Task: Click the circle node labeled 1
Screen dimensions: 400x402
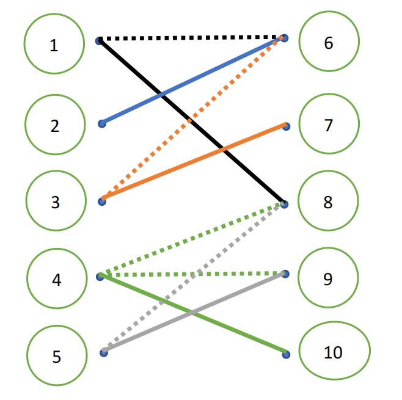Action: click(x=54, y=44)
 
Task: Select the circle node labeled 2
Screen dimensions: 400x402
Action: click(x=54, y=125)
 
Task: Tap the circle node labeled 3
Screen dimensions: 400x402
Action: click(x=55, y=201)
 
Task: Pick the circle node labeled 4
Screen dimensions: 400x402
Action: click(x=56, y=280)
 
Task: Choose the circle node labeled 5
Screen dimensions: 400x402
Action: click(x=56, y=356)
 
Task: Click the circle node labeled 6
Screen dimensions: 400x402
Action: click(x=329, y=43)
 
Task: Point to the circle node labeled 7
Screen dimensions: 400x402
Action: click(x=329, y=124)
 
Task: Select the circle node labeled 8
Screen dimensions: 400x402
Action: click(x=328, y=202)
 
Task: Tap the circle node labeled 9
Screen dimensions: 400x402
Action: click(x=328, y=278)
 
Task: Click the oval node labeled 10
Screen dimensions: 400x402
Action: click(x=334, y=352)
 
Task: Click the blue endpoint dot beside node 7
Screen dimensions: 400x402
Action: click(x=287, y=126)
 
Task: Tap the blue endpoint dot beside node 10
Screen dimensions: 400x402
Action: click(x=286, y=354)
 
